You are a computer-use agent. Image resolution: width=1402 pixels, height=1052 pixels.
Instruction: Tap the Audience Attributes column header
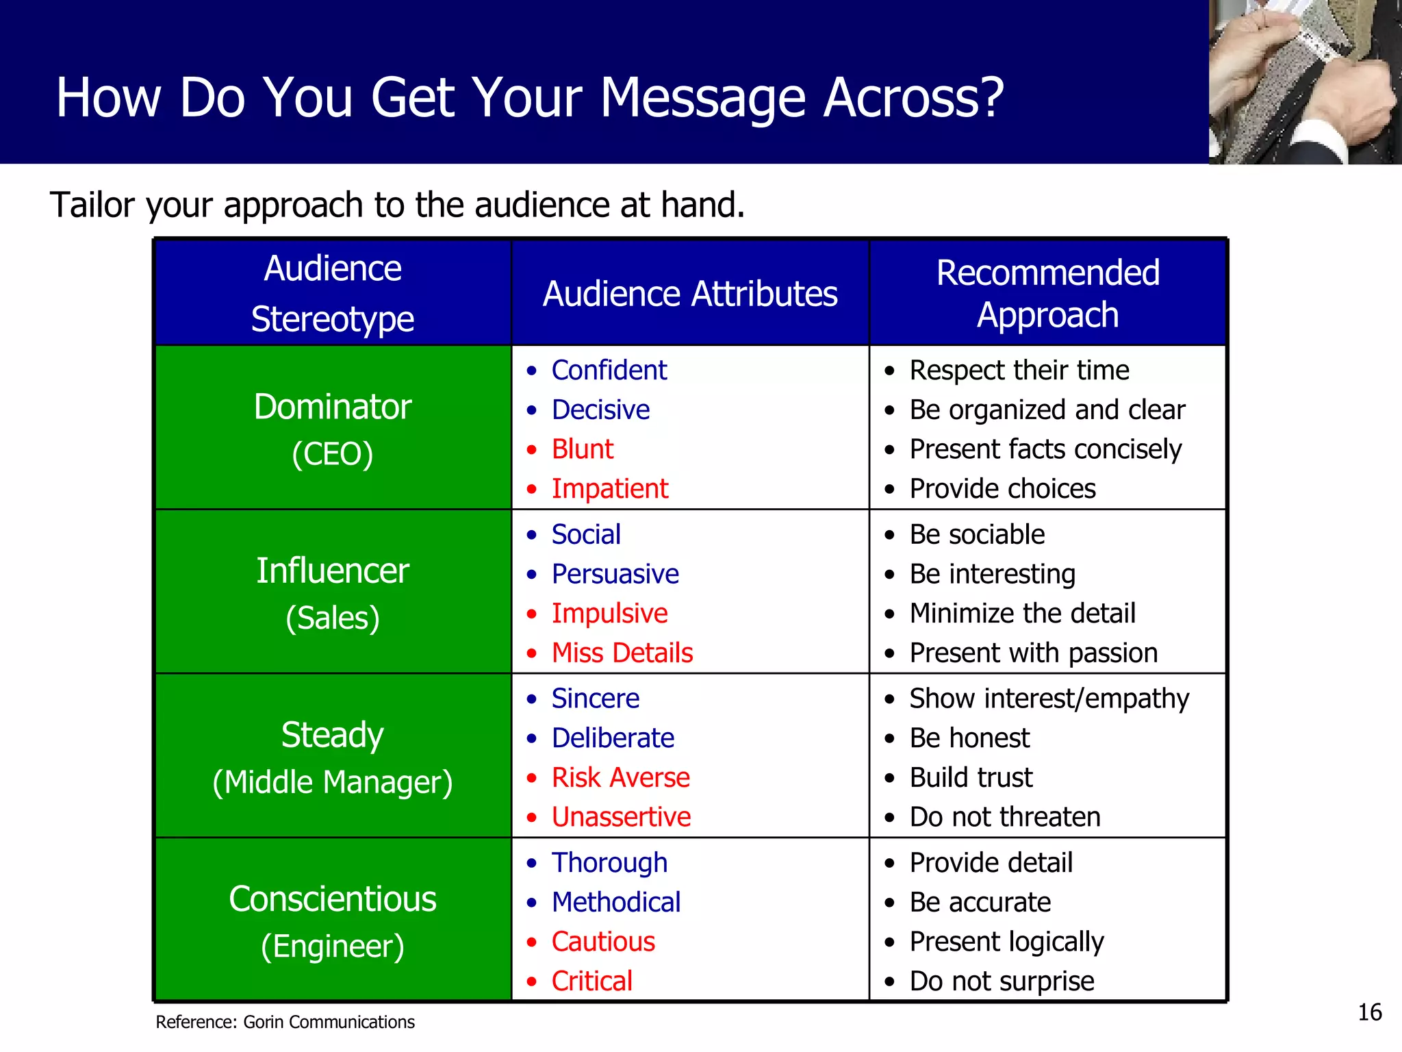[690, 294]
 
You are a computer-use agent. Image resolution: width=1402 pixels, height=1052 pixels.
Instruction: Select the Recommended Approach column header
[1047, 293]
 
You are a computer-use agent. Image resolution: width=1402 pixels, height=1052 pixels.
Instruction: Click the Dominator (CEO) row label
[333, 429]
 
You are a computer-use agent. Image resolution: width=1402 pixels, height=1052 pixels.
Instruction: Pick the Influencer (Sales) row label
[333, 593]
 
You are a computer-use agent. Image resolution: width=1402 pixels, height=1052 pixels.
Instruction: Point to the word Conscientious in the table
[333, 899]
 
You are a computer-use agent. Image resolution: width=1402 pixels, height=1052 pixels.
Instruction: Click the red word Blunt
[583, 449]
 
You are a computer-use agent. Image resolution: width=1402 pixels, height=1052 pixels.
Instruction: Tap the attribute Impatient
[610, 489]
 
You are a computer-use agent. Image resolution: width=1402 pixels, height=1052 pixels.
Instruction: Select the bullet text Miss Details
[622, 653]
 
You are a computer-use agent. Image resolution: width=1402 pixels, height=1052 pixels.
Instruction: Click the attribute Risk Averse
[621, 777]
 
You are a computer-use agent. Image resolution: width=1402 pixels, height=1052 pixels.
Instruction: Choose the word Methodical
[616, 902]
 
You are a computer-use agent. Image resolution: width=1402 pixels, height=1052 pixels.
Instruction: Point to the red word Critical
[592, 981]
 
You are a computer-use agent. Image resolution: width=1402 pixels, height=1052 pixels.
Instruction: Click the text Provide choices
[1002, 489]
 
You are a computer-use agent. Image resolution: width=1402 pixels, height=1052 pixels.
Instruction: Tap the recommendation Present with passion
[1034, 653]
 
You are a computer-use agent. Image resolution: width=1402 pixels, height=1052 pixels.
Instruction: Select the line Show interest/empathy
[1049, 699]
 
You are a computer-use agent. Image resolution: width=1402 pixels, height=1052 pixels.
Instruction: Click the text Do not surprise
[1002, 981]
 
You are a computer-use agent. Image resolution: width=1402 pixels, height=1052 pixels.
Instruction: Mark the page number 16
[1370, 1012]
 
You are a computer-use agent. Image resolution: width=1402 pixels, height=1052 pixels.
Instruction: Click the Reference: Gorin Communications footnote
[285, 1022]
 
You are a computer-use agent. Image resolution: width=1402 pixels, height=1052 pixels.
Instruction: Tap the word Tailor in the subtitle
[91, 205]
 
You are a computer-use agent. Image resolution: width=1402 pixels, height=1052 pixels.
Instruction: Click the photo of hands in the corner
[1305, 82]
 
